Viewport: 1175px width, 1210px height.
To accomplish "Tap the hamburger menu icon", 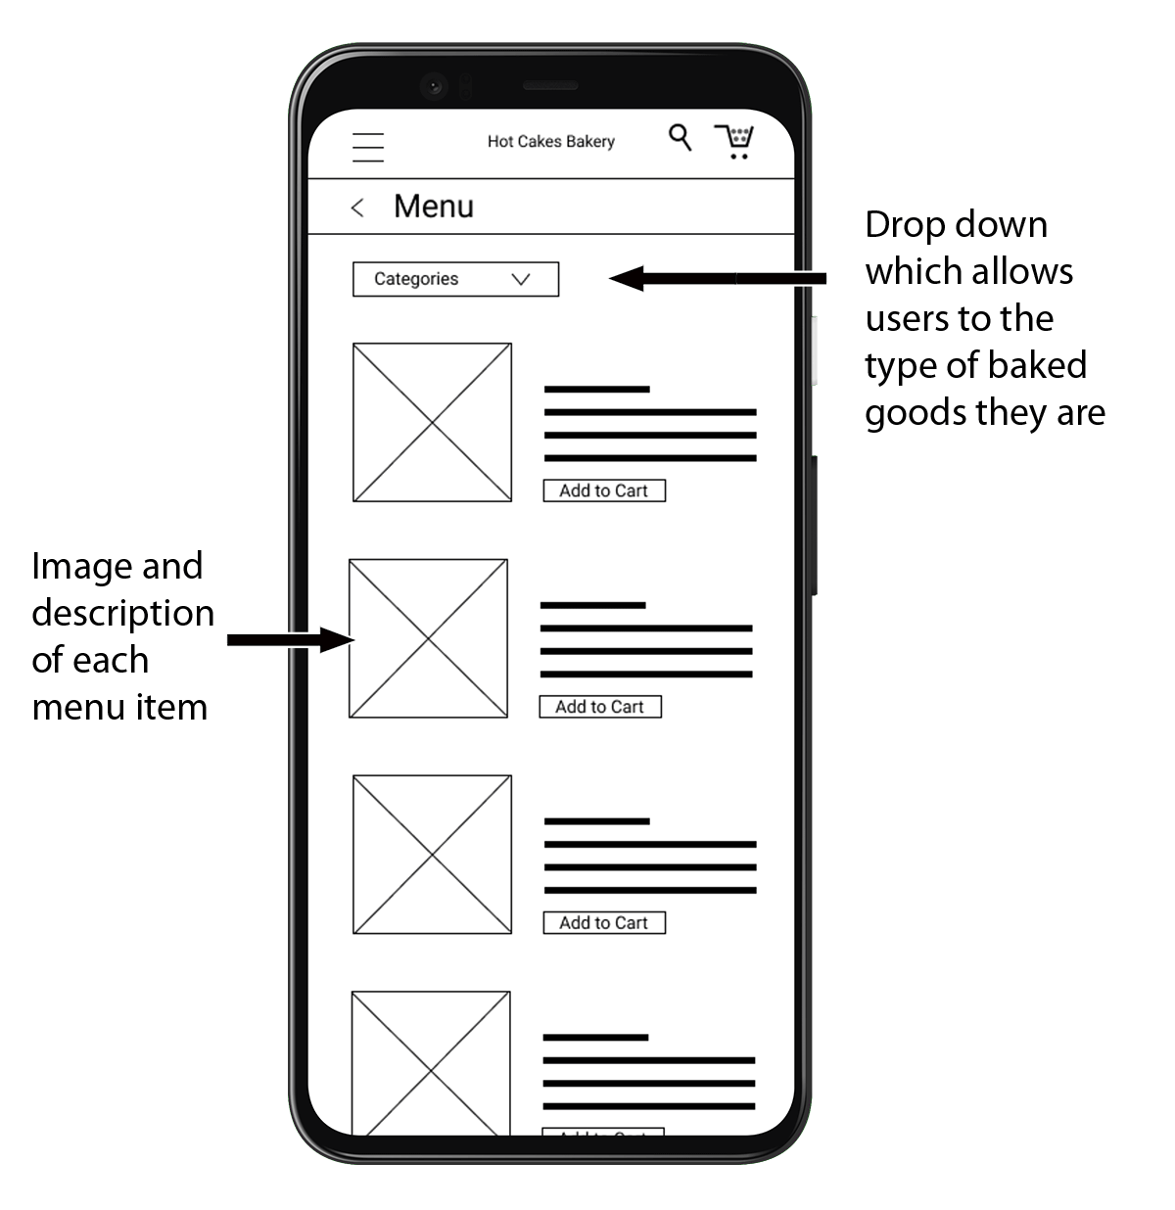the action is click(x=367, y=148).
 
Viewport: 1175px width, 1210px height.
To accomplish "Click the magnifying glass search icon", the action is click(x=680, y=137).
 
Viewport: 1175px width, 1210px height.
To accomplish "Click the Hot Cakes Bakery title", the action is click(x=550, y=142).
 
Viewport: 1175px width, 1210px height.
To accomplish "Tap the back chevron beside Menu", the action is click(x=357, y=208).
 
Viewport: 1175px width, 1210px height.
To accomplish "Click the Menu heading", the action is click(x=434, y=207).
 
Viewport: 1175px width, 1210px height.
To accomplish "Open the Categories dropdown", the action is click(x=455, y=279).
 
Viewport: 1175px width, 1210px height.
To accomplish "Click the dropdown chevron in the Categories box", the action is click(x=521, y=279).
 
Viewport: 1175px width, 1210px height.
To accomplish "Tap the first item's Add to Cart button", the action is click(x=604, y=490).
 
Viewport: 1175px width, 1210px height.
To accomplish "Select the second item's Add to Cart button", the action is click(x=600, y=707).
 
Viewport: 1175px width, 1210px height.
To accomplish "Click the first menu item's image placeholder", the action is click(x=433, y=422).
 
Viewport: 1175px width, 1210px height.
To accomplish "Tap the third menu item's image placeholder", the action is click(x=433, y=855).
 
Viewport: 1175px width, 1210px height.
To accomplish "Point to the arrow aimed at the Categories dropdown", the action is click(x=717, y=279).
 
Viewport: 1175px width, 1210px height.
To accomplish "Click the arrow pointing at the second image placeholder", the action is click(x=291, y=640).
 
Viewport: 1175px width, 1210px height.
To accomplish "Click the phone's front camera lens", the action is click(x=434, y=86).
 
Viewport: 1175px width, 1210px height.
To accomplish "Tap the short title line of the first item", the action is click(x=597, y=390).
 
